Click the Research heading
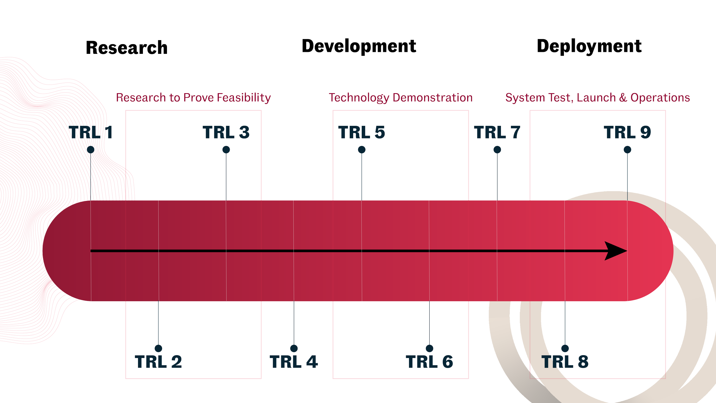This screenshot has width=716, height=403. coord(127,47)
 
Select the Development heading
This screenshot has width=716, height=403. coord(359,46)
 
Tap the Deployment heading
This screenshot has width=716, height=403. coord(589,46)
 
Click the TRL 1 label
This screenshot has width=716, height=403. coord(91,132)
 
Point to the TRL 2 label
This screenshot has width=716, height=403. coord(158,361)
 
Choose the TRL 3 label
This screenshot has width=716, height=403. coord(226,132)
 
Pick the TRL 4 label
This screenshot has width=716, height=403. coord(294,361)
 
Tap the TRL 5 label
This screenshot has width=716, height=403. coord(362,132)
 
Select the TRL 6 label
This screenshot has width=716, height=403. coord(429,361)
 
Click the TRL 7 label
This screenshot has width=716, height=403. coord(497,132)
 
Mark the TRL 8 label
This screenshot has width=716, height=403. coord(565,361)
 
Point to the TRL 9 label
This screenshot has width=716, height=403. coord(627,132)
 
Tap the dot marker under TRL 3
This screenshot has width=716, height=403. coord(226,150)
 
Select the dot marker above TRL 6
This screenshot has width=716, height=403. coord(429,348)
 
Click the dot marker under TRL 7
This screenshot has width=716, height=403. coord(497,150)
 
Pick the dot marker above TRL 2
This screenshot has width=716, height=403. coord(158,348)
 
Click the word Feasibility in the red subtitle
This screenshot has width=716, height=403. coord(244,98)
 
